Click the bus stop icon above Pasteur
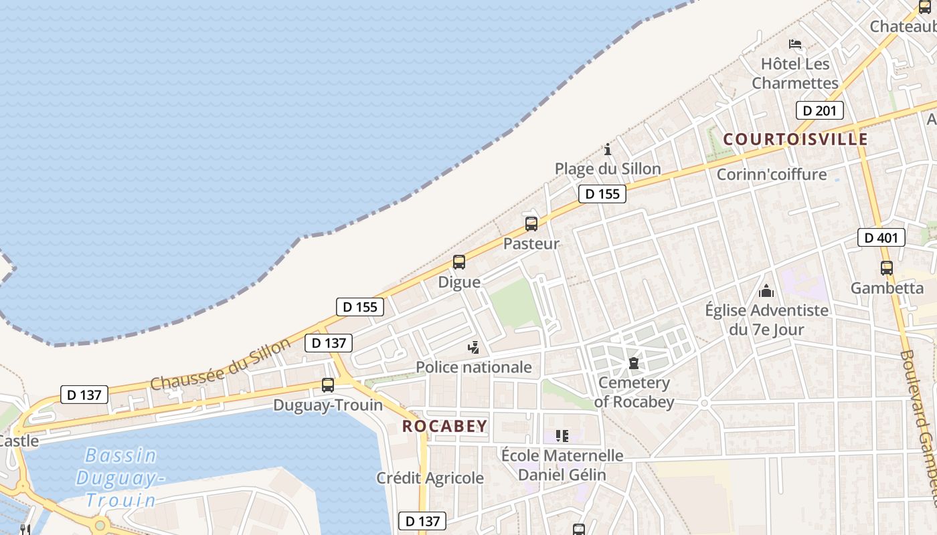pos(531,224)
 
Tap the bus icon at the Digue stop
pos(459,262)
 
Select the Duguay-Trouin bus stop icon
pos(328,385)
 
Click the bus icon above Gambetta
pos(887,268)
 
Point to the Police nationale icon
pos(474,347)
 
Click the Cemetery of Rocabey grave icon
pos(633,364)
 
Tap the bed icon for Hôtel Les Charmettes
pos(795,44)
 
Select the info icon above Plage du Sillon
pos(608,149)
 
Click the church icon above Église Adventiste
pos(766,291)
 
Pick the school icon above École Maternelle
pos(562,436)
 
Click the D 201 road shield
pos(819,110)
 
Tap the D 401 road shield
pos(881,237)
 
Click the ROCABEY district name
pos(445,426)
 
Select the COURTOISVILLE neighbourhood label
pos(795,139)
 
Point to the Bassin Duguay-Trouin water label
pos(120,477)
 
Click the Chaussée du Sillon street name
pos(221,364)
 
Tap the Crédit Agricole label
pos(430,478)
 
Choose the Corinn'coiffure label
pos(772,175)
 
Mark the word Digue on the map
pos(459,282)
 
